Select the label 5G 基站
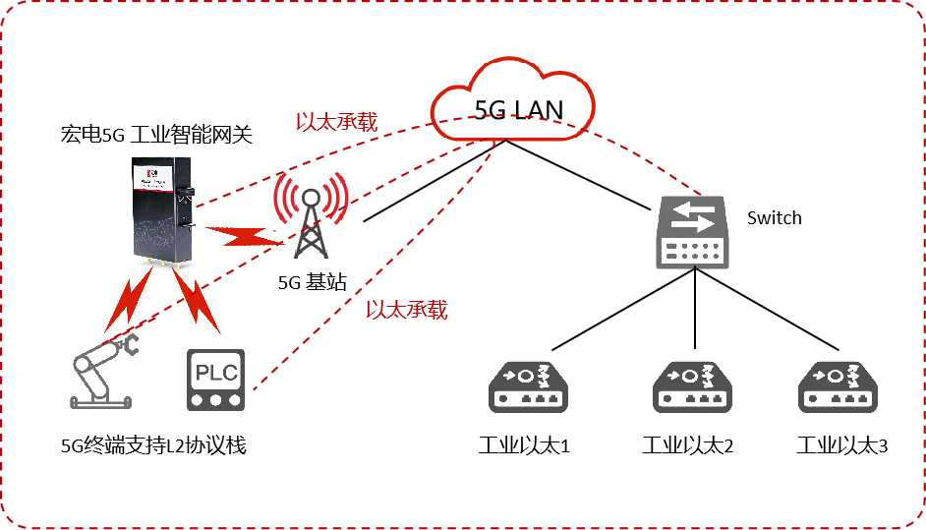click(x=313, y=282)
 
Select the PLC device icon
click(x=215, y=381)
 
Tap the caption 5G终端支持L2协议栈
click(x=152, y=445)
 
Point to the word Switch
click(x=775, y=217)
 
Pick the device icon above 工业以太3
click(x=836, y=386)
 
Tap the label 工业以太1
click(x=525, y=445)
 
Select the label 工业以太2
click(x=688, y=445)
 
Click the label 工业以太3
click(x=842, y=445)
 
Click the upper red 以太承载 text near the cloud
click(x=336, y=122)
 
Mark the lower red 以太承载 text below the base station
click(x=406, y=310)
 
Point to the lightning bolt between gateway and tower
click(x=242, y=236)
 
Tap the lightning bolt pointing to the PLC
click(x=200, y=300)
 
